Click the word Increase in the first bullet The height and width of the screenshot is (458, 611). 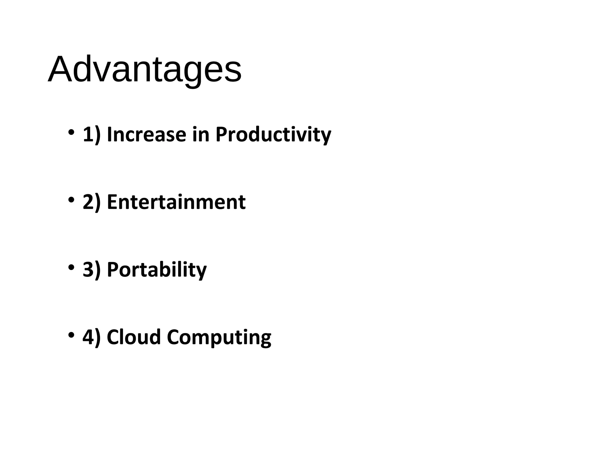[x=146, y=134]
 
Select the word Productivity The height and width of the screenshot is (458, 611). [x=273, y=135]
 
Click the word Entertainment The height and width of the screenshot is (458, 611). [x=176, y=202]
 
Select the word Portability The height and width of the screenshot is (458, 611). [x=157, y=270]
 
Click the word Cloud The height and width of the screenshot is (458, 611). [x=134, y=337]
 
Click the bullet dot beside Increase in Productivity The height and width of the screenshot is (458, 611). [x=71, y=132]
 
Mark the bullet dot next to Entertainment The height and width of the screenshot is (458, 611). [x=71, y=200]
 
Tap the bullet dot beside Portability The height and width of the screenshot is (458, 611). [x=71, y=267]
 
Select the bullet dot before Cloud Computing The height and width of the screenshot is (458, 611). [x=71, y=334]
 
